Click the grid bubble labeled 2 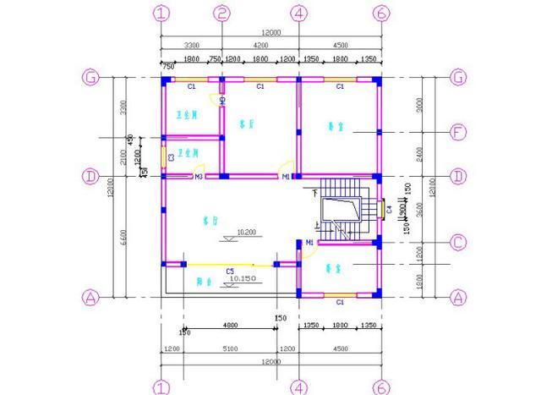point(221,14)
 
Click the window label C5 point(229,272)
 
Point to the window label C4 point(388,208)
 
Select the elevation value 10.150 point(243,278)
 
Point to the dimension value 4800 point(229,324)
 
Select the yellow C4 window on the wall point(380,208)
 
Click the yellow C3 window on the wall point(163,157)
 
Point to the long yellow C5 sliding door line point(229,265)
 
